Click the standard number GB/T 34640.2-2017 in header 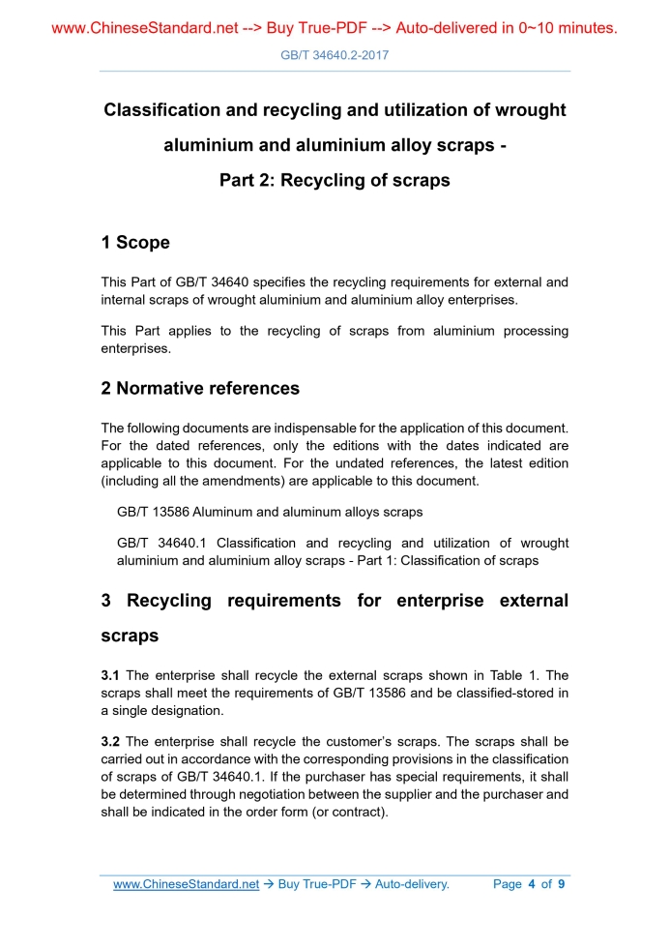[x=335, y=55]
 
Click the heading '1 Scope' [x=135, y=243]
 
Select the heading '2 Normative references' [x=200, y=389]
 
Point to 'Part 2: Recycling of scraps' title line [x=335, y=180]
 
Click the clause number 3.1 [x=111, y=675]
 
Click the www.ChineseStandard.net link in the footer [x=186, y=884]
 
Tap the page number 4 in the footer [x=532, y=884]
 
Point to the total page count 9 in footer [x=562, y=884]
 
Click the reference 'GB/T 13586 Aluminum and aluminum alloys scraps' [x=270, y=511]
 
